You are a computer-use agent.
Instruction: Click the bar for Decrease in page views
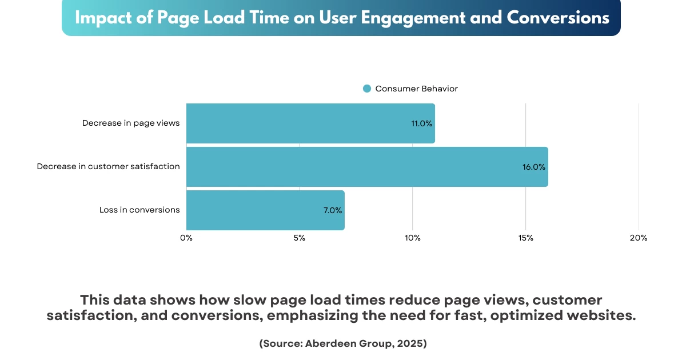point(310,123)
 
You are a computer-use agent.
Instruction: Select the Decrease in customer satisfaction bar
point(367,167)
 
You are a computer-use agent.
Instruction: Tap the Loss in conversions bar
point(265,210)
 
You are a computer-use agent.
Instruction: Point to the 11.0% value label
point(422,123)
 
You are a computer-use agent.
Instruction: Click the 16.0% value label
point(534,167)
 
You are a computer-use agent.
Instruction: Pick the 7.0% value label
point(333,210)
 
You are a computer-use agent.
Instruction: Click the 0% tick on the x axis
point(186,238)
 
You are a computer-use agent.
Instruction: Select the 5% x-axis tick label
point(300,238)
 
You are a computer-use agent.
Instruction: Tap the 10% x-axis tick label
point(413,238)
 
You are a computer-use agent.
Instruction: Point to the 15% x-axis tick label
point(526,238)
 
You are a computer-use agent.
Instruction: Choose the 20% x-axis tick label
point(639,238)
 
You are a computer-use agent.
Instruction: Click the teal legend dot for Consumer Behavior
point(367,89)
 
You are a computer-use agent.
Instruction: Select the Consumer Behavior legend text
point(416,89)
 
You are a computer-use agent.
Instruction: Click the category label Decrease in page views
point(131,123)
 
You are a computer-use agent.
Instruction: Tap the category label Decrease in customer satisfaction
point(109,166)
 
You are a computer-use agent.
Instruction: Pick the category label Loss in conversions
point(139,210)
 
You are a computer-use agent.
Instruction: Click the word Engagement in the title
point(420,18)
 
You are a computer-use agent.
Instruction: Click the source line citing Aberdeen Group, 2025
point(343,343)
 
